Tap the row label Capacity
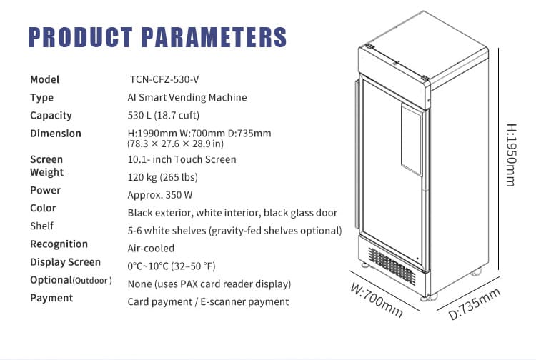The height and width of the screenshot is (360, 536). (51, 115)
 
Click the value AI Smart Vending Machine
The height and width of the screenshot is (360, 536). (187, 97)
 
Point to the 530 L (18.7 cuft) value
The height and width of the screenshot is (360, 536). (163, 115)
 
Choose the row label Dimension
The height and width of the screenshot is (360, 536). (56, 134)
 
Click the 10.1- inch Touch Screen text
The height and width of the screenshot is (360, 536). (182, 159)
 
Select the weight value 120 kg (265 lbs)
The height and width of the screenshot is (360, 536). (162, 177)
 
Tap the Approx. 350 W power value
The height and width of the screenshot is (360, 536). (160, 194)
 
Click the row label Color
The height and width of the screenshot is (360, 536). (43, 208)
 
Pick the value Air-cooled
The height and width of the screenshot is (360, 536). (151, 248)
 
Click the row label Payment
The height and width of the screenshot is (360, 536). (51, 298)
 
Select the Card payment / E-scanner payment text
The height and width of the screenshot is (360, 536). (208, 301)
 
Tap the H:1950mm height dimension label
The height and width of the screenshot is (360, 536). (510, 156)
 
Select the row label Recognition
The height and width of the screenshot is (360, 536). (59, 244)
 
